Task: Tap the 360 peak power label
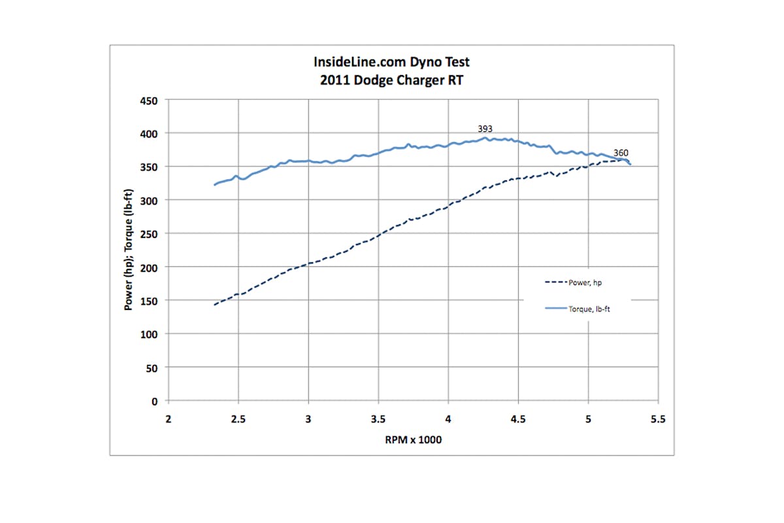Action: click(621, 153)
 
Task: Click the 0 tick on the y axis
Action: click(155, 401)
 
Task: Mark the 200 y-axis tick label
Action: click(150, 267)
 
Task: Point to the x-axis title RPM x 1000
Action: click(413, 440)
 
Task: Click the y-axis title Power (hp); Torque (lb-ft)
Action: click(130, 250)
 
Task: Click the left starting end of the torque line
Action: click(214, 185)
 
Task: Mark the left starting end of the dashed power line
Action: click(214, 305)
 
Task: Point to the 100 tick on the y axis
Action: click(150, 333)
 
